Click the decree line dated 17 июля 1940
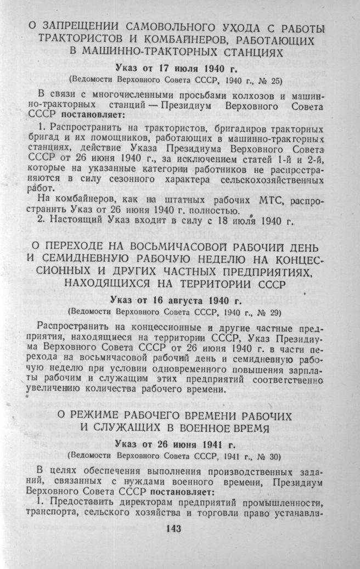click(x=179, y=69)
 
